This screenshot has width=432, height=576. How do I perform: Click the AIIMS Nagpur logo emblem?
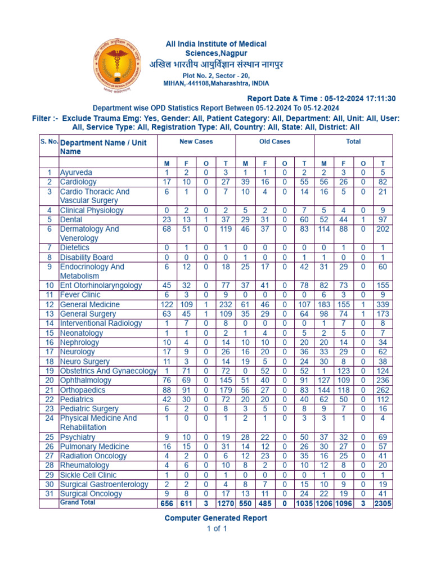coord(119,64)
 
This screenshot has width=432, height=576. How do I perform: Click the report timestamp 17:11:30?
coord(377,98)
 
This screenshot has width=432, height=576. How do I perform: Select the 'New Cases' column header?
coord(196,142)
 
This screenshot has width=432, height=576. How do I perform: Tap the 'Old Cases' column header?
coord(274,142)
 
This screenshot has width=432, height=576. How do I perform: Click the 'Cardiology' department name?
coord(78,182)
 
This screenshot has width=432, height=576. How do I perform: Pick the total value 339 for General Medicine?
coord(383,304)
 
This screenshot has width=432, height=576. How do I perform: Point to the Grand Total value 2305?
coord(383,504)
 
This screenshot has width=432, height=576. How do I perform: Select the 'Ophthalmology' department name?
coord(85,380)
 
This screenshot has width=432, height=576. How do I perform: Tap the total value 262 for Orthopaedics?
coord(383,390)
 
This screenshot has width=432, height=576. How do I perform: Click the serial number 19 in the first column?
coord(49,371)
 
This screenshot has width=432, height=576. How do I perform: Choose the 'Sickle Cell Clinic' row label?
coord(88,475)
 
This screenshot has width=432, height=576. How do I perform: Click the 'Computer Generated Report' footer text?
coord(215,518)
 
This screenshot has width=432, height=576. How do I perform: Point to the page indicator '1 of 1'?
coord(216,529)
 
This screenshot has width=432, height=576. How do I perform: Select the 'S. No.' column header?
coord(49,142)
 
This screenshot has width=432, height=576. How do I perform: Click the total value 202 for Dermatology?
coord(383,229)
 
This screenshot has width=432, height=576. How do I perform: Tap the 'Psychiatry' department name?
coord(78,437)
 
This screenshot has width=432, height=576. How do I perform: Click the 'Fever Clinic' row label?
coord(80,295)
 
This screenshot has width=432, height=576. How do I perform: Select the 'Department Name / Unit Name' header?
coord(103,147)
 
